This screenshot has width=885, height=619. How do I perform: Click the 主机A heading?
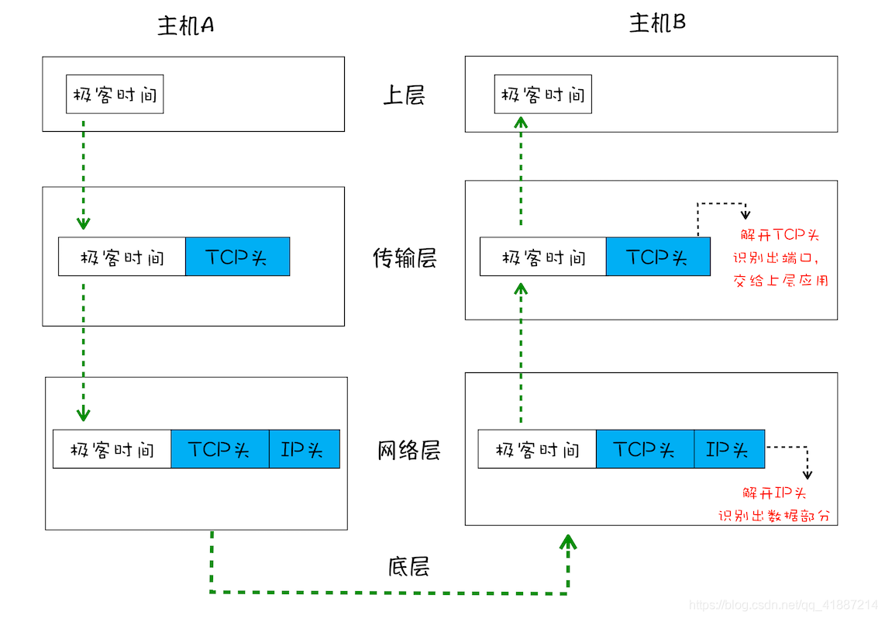[x=185, y=26]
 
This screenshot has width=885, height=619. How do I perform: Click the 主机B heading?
[x=657, y=23]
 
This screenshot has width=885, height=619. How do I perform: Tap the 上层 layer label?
[x=404, y=95]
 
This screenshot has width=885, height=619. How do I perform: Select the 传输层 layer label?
[x=404, y=258]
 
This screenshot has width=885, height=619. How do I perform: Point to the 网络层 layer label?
[x=408, y=450]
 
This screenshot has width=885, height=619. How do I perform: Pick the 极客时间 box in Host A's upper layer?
[x=115, y=95]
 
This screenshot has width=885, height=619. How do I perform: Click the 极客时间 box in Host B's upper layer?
[x=542, y=95]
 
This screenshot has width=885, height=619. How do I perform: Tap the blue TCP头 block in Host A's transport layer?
[x=237, y=257]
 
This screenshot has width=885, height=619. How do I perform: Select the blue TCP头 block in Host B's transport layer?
[x=657, y=257]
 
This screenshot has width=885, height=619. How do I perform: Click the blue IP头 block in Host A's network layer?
[x=304, y=449]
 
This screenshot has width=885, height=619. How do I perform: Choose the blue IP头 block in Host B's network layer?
[x=728, y=449]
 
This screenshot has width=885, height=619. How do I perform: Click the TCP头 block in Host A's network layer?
[x=219, y=449]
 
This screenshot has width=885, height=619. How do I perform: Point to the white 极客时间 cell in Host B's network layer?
[x=537, y=449]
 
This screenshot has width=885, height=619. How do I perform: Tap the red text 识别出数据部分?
[x=777, y=515]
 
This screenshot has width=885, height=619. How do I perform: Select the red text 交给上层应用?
[x=780, y=280]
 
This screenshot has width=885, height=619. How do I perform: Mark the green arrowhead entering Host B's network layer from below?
[x=570, y=541]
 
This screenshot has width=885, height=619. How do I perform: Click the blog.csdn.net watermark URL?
[x=783, y=604]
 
